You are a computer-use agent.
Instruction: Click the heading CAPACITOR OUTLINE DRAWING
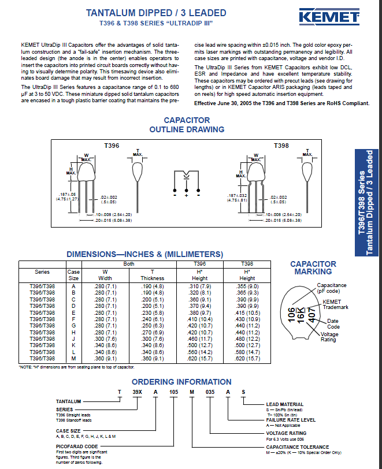(x=187, y=125)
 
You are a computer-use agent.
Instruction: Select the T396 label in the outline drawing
(x=111, y=146)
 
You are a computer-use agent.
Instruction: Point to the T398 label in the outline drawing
(x=281, y=146)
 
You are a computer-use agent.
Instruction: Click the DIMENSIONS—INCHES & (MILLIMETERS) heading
(x=144, y=254)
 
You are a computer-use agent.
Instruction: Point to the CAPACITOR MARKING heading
(x=313, y=268)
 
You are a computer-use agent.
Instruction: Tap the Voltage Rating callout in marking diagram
(x=329, y=337)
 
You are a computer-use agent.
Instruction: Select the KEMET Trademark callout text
(x=335, y=304)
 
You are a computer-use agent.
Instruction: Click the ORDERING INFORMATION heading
(x=181, y=382)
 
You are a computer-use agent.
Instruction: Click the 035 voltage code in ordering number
(x=210, y=392)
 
